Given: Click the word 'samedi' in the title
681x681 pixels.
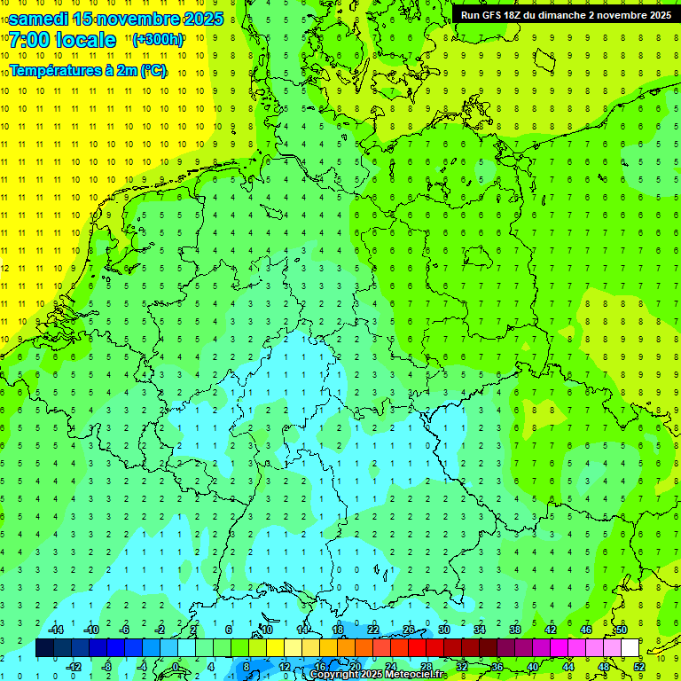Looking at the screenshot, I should click(x=39, y=19).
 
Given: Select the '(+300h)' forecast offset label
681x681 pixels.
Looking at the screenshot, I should click(x=158, y=40).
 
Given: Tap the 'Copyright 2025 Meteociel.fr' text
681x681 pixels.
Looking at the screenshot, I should click(x=378, y=675).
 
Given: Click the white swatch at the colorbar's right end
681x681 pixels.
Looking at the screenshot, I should click(x=630, y=648).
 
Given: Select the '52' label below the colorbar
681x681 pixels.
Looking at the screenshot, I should click(x=639, y=667).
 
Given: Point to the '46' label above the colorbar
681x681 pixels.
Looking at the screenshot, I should click(x=585, y=630).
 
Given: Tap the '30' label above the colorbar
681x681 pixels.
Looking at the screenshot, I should click(x=443, y=630).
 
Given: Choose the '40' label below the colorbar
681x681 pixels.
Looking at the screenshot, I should click(x=533, y=667).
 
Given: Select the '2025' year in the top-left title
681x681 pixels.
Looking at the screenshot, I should click(x=199, y=19).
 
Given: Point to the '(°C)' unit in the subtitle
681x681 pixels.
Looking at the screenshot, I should click(x=153, y=71).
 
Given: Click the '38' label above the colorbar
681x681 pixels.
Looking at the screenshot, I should click(x=514, y=630).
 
